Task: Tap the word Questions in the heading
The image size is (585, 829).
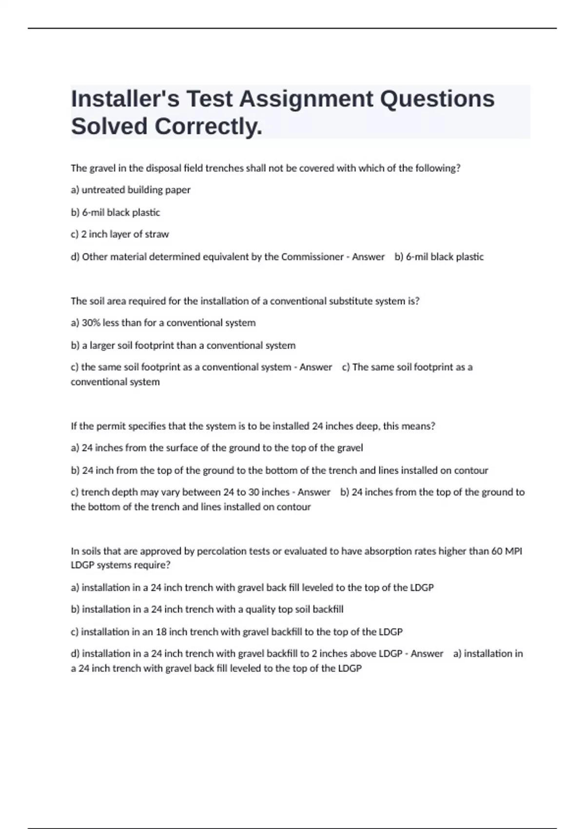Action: [x=437, y=99]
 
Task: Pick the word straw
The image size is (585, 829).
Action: [x=157, y=234]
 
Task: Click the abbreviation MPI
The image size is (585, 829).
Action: [x=513, y=551]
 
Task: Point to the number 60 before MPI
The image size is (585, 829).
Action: [x=496, y=551]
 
